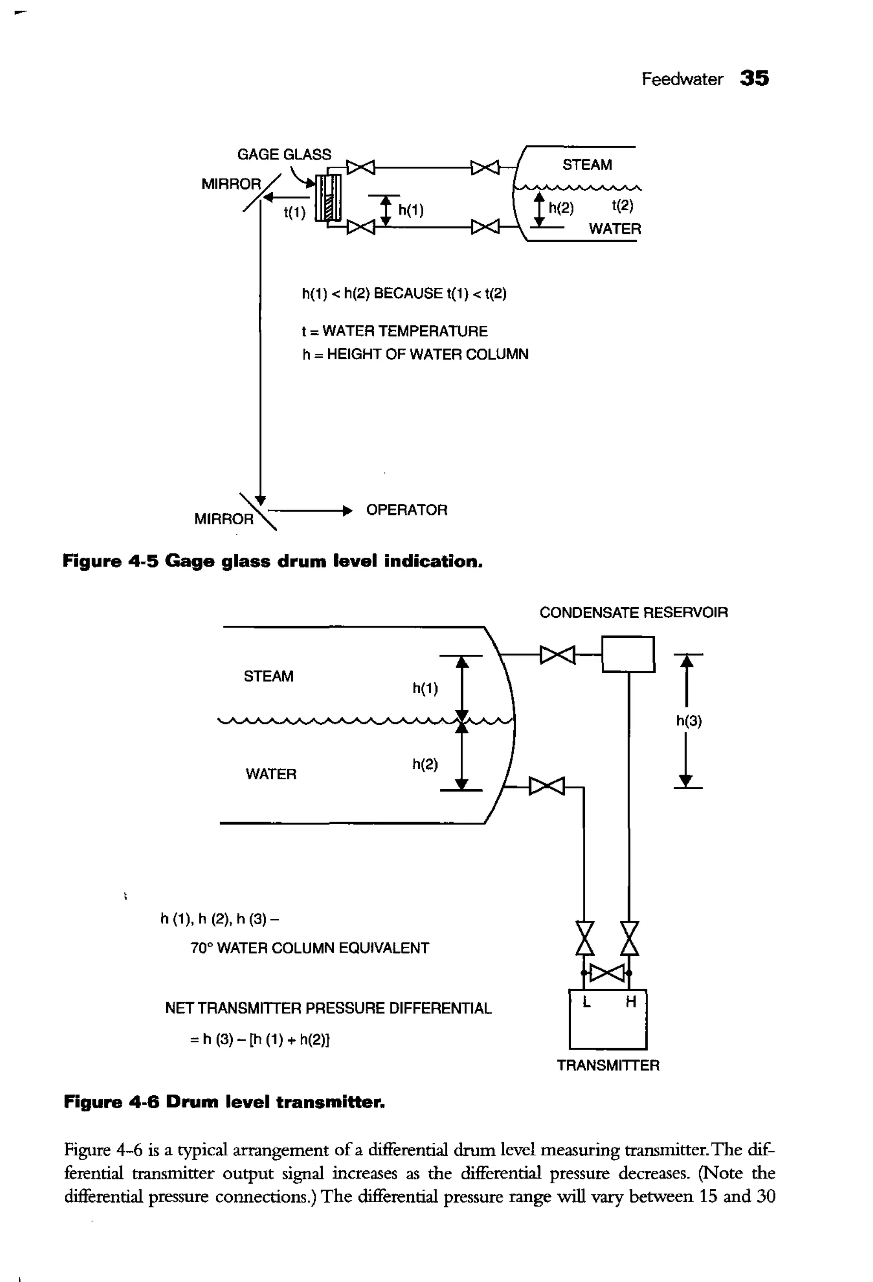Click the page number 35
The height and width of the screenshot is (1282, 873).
tap(754, 78)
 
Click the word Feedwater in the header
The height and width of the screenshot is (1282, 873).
tap(682, 79)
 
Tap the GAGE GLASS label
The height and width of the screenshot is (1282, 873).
tap(284, 154)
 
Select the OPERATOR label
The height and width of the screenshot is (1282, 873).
tap(406, 510)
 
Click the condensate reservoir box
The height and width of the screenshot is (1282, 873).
tap(628, 654)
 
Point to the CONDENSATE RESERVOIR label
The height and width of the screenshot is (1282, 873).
tap(633, 613)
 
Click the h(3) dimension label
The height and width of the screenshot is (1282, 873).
tap(688, 721)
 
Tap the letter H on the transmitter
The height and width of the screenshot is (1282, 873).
tap(631, 1002)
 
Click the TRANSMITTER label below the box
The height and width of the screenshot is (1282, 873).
tap(608, 1065)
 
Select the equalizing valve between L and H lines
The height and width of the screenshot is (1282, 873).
tap(607, 973)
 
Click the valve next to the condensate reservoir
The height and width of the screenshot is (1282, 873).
tap(558, 655)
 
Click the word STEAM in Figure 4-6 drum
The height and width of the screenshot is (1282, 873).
tap(269, 676)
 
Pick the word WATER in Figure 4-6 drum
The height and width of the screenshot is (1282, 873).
tap(271, 774)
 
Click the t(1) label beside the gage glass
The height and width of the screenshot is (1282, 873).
tap(295, 212)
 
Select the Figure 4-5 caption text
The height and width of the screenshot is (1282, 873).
tap(272, 561)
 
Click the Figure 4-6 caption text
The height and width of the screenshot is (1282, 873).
tap(225, 1102)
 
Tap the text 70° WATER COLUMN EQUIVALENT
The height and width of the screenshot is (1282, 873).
tap(309, 948)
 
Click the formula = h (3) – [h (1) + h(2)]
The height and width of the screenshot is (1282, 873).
tap(260, 1039)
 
